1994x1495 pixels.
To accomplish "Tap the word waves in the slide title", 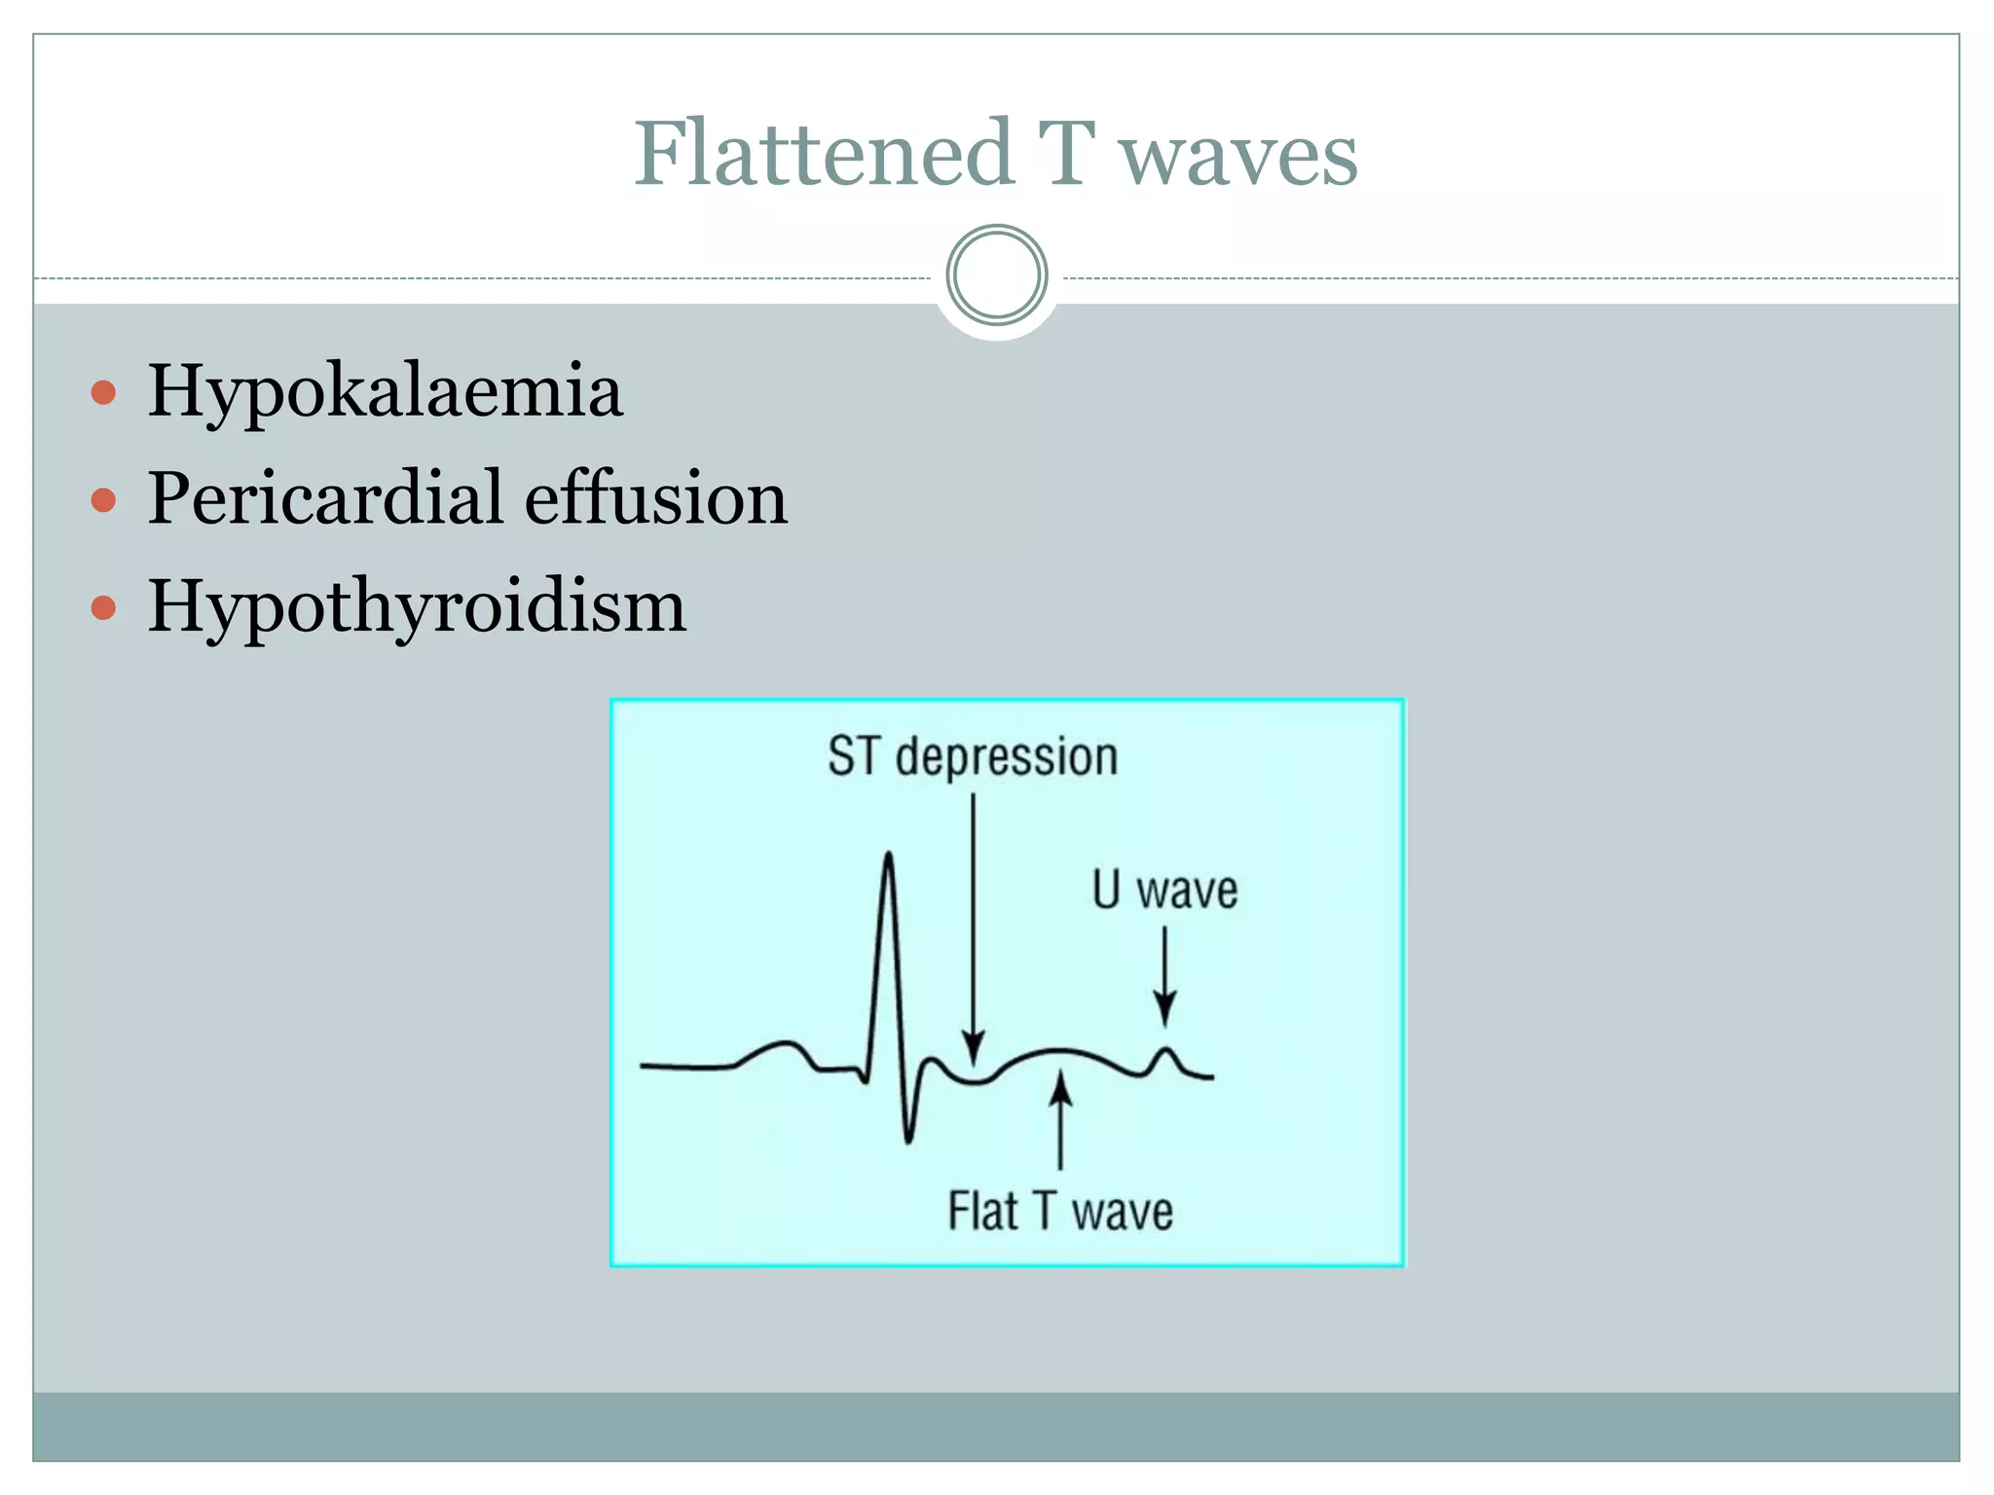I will [x=1237, y=156].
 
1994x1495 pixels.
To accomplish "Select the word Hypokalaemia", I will [x=385, y=392].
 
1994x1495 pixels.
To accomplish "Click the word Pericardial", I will [x=325, y=498].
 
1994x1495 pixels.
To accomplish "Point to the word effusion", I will [x=656, y=498].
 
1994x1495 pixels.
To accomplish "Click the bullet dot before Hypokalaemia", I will [x=103, y=393].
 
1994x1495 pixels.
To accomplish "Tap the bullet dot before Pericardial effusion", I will [x=103, y=501].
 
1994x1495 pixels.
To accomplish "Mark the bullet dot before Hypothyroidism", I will [x=103, y=609].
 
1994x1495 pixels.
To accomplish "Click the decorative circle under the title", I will [x=997, y=275].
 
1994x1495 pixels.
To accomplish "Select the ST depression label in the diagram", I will [x=973, y=756].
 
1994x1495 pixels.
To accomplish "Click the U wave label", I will [x=1164, y=890].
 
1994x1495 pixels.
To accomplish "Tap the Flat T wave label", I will [x=1060, y=1212].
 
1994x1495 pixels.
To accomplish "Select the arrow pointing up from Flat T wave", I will [x=1061, y=1119].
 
